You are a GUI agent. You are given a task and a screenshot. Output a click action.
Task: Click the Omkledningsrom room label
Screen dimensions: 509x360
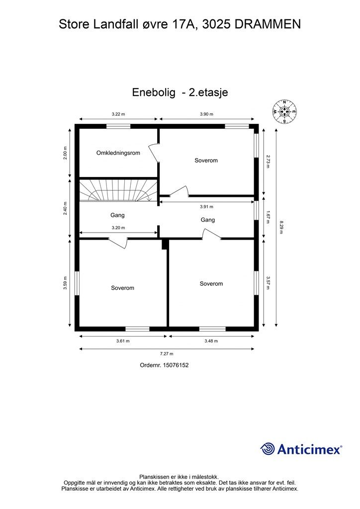pyautogui.click(x=118, y=153)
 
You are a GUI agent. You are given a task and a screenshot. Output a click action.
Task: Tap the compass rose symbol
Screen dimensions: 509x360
pyautogui.click(x=284, y=111)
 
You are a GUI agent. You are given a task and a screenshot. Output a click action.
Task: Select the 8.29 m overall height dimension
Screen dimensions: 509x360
pyautogui.click(x=281, y=227)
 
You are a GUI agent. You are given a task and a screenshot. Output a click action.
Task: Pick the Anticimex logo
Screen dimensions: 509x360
pyautogui.click(x=301, y=449)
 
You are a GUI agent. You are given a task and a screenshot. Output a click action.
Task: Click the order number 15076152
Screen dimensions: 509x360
pyautogui.click(x=165, y=365)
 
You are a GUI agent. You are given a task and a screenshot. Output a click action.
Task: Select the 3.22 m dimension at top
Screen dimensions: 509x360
pyautogui.click(x=118, y=114)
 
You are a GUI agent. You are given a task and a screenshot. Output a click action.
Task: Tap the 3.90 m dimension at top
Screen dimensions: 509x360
pyautogui.click(x=206, y=114)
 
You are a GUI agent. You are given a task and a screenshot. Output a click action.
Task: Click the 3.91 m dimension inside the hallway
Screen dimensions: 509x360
pyautogui.click(x=206, y=206)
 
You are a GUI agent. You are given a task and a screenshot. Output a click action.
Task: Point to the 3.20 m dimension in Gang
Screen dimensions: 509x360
pyautogui.click(x=118, y=228)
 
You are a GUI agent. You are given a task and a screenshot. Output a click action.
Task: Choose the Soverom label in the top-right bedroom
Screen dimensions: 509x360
pyautogui.click(x=206, y=161)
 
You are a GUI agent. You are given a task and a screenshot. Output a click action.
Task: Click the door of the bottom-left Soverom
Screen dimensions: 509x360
pyautogui.click(x=118, y=242)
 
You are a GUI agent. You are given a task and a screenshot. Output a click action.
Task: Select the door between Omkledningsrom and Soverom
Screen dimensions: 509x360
pyautogui.click(x=155, y=152)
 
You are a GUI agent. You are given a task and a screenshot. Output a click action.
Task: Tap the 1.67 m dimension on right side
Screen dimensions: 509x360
pyautogui.click(x=268, y=217)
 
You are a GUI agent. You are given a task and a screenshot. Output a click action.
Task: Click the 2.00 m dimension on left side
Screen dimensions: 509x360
pyautogui.click(x=66, y=152)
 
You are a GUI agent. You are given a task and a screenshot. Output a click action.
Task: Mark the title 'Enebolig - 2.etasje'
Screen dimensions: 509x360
pyautogui.click(x=180, y=92)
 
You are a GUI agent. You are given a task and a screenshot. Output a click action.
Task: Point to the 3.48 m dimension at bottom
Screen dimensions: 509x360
pyautogui.click(x=211, y=341)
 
